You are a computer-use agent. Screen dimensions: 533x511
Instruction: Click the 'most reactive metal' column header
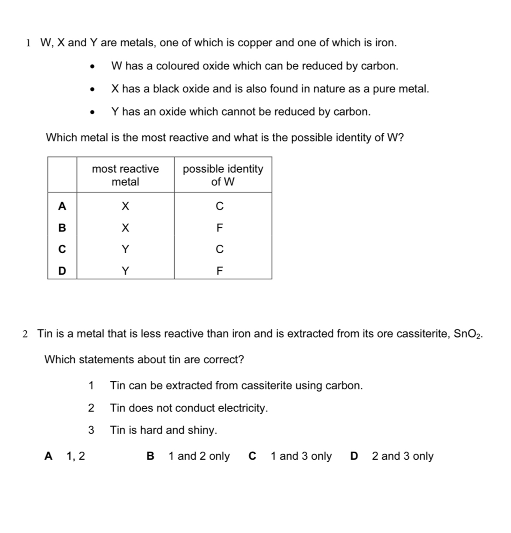125,175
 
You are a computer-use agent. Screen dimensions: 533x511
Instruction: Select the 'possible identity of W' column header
223,175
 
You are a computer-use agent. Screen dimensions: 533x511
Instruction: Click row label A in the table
62,207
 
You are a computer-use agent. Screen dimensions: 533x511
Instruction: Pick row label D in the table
62,271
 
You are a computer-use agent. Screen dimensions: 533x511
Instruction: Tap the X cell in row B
125,228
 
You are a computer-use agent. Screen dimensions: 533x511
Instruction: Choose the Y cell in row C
125,249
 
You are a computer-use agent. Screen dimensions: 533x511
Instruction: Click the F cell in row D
220,271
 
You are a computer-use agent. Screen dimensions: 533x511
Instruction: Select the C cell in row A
220,207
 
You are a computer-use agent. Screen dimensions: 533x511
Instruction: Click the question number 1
28,43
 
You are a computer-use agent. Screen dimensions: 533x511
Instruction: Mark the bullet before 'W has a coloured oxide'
91,67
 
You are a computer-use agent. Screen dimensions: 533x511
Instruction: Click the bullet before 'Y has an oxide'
91,113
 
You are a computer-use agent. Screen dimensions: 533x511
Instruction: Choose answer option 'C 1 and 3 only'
290,456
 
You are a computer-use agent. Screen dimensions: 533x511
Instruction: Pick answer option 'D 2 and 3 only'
392,456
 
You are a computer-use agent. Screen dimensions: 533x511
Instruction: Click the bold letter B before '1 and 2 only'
150,456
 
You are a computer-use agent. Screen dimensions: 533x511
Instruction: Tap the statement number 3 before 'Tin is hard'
91,430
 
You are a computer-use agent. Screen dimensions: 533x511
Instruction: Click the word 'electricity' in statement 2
242,408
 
